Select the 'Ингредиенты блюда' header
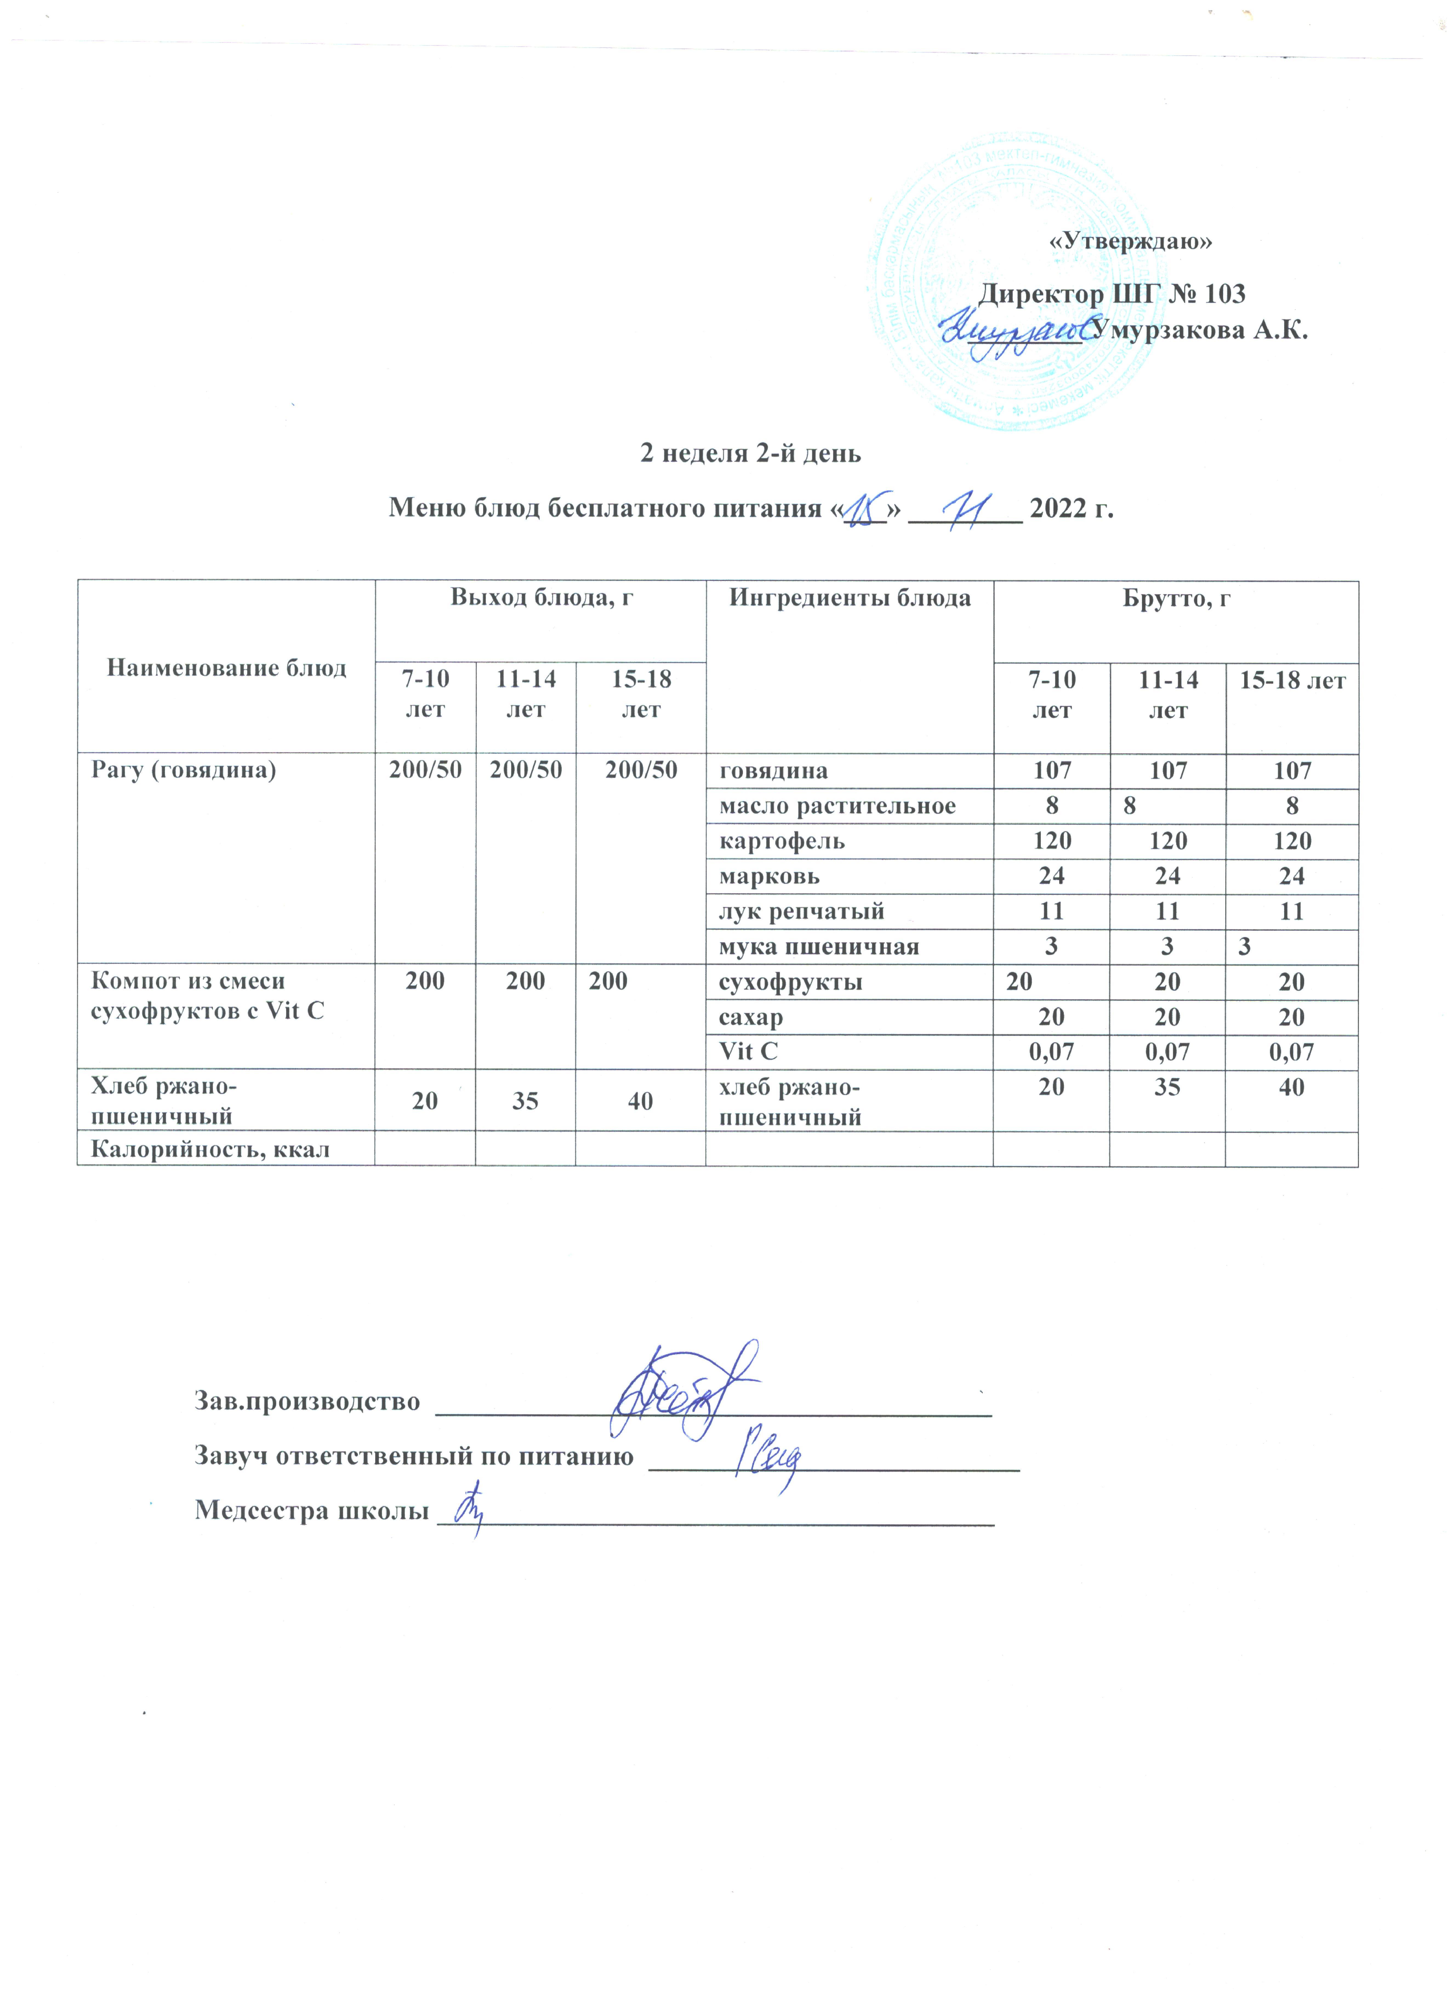[x=850, y=598]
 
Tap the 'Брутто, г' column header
[x=1176, y=598]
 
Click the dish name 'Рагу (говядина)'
[x=184, y=770]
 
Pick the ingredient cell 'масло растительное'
[x=837, y=806]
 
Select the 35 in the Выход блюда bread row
[x=525, y=1101]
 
